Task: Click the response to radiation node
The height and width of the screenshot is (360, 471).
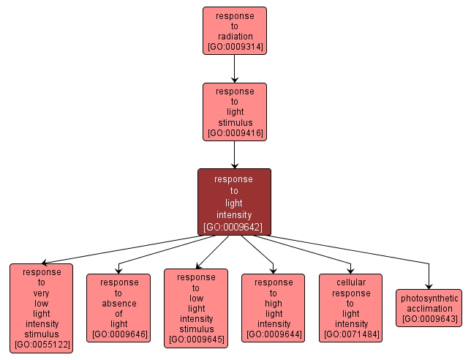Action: click(234, 31)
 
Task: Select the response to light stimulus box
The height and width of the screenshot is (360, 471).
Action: click(234, 111)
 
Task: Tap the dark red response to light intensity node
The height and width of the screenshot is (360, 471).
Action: click(234, 202)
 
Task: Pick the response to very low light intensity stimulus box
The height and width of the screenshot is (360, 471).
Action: click(41, 308)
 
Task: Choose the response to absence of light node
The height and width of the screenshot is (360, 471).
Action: click(118, 308)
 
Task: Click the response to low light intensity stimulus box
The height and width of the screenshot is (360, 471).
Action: click(196, 308)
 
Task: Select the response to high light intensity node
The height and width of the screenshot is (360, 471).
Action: click(274, 308)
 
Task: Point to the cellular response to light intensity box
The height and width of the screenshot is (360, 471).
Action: click(351, 308)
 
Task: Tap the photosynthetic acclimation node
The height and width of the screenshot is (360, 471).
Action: click(429, 308)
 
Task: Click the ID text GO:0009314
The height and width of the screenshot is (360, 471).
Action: click(235, 48)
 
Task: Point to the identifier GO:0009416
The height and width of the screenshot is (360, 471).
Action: click(235, 134)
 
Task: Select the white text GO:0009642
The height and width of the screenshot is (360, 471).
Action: click(234, 227)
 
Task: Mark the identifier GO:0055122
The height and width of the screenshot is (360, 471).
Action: click(42, 344)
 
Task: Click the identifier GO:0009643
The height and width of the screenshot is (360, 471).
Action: click(429, 319)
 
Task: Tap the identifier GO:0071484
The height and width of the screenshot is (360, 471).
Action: click(351, 334)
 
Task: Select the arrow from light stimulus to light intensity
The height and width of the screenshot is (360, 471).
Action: click(234, 154)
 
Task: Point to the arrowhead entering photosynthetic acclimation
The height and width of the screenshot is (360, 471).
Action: click(429, 285)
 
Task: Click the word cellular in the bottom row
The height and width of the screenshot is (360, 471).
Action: click(351, 282)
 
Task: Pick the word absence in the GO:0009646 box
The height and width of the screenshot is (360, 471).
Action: click(118, 304)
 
